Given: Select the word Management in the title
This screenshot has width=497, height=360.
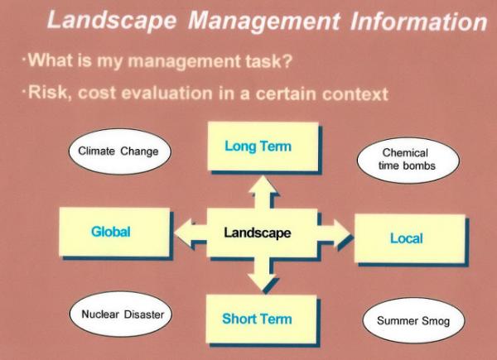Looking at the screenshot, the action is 263,22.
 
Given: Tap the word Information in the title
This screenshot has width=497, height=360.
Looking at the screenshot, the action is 418,21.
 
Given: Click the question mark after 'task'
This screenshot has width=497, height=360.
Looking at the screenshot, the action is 287,60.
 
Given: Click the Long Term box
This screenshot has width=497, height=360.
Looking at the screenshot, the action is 263,146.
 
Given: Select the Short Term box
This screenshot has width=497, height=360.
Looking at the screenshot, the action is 261,319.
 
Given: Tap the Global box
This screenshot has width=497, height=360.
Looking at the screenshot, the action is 114,232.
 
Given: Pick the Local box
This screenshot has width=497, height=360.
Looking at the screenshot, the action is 409,238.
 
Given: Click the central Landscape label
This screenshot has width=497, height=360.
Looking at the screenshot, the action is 258,233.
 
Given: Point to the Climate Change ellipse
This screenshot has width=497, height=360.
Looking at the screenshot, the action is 120,151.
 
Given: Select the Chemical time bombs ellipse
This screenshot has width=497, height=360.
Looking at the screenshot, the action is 408,160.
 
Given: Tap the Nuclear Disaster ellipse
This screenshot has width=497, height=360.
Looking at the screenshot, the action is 121,314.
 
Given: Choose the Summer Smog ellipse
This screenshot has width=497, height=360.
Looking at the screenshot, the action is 413,320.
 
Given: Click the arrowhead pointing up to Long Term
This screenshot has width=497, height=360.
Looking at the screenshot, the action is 263,185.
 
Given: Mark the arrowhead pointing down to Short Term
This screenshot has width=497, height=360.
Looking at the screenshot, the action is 262,282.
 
